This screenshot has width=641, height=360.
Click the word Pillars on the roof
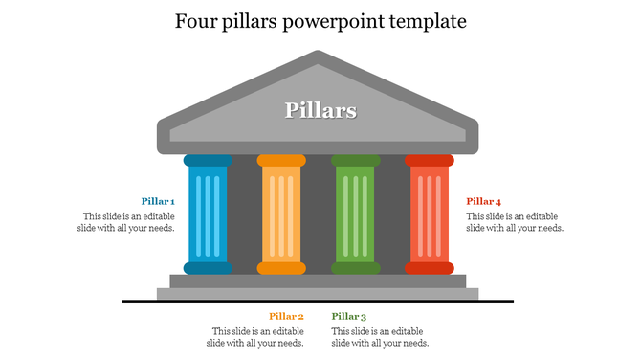[320, 110]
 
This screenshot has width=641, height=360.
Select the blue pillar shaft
[208, 214]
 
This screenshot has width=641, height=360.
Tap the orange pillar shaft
[281, 214]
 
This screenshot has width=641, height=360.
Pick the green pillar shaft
[355, 214]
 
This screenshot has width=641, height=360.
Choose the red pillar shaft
[429, 214]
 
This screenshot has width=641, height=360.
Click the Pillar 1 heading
[158, 201]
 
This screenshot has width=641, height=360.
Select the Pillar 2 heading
[286, 316]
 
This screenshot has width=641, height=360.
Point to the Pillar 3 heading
[349, 316]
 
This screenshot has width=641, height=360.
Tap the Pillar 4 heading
[484, 201]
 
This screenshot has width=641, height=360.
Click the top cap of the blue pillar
[208, 160]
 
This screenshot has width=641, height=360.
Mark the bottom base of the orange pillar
[281, 268]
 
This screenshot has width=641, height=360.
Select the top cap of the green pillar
[355, 160]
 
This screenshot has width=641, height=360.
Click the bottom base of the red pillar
[429, 268]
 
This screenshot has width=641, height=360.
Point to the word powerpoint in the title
[328, 20]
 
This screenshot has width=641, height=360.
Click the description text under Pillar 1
[128, 222]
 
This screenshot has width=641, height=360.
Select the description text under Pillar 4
[515, 222]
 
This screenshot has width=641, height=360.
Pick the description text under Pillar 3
[380, 337]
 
